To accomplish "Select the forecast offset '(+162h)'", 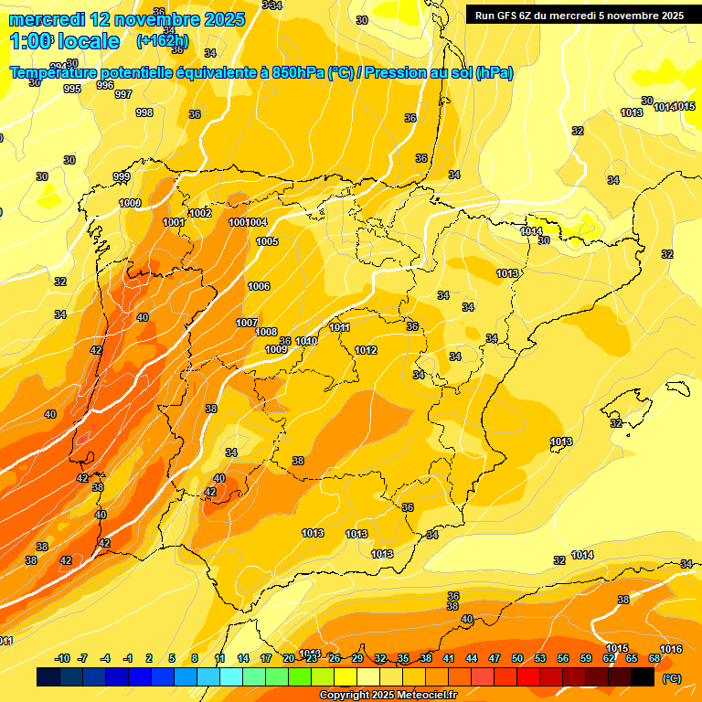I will (x=162, y=41).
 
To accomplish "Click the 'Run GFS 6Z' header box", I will (x=579, y=16).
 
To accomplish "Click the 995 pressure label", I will (x=72, y=89).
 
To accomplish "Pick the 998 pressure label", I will (x=144, y=112).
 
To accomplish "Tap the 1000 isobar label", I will (x=130, y=203).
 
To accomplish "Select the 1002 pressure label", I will (x=200, y=213).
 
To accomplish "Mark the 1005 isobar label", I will (x=267, y=241).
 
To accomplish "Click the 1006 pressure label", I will (x=259, y=286).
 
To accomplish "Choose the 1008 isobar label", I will (x=266, y=332).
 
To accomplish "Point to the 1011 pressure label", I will (x=339, y=327).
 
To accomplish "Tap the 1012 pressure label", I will (x=366, y=350).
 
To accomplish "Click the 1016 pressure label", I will (x=670, y=649).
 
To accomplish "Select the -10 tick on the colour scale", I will (x=62, y=658).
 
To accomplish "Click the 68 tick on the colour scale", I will (x=654, y=658).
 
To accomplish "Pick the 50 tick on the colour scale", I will (x=517, y=658).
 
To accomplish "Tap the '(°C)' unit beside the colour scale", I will (x=671, y=677).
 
